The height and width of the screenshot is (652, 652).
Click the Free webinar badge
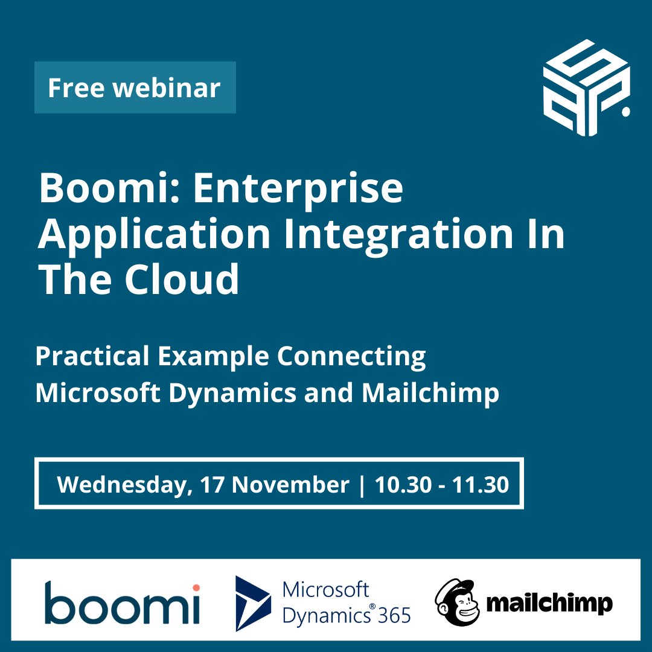tap(135, 88)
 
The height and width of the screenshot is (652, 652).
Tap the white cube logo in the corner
tap(585, 88)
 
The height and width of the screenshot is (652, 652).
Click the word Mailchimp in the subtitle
tap(430, 393)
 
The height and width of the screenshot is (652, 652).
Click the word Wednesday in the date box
tap(121, 485)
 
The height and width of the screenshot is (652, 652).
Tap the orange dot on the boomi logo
tap(196, 587)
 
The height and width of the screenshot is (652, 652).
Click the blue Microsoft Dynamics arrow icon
tap(253, 602)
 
